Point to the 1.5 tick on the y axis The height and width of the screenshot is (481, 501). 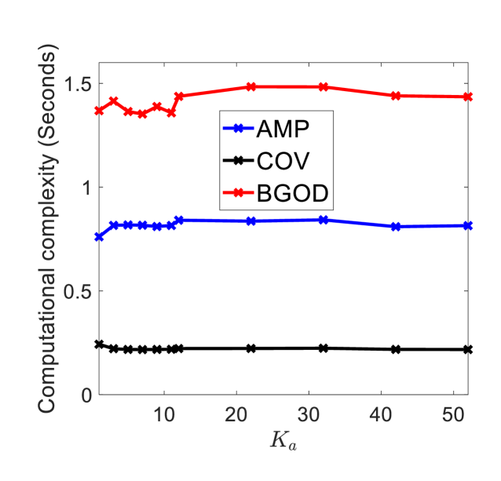point(76,84)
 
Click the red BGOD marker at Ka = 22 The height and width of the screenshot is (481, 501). point(251,86)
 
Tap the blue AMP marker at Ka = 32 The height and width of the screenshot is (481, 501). point(324,220)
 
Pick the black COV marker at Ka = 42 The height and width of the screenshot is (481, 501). point(396,349)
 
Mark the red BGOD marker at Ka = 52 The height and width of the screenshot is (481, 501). point(468,97)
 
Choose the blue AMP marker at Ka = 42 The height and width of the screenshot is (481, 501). point(396,227)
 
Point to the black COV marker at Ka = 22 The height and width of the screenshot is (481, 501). point(251,348)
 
